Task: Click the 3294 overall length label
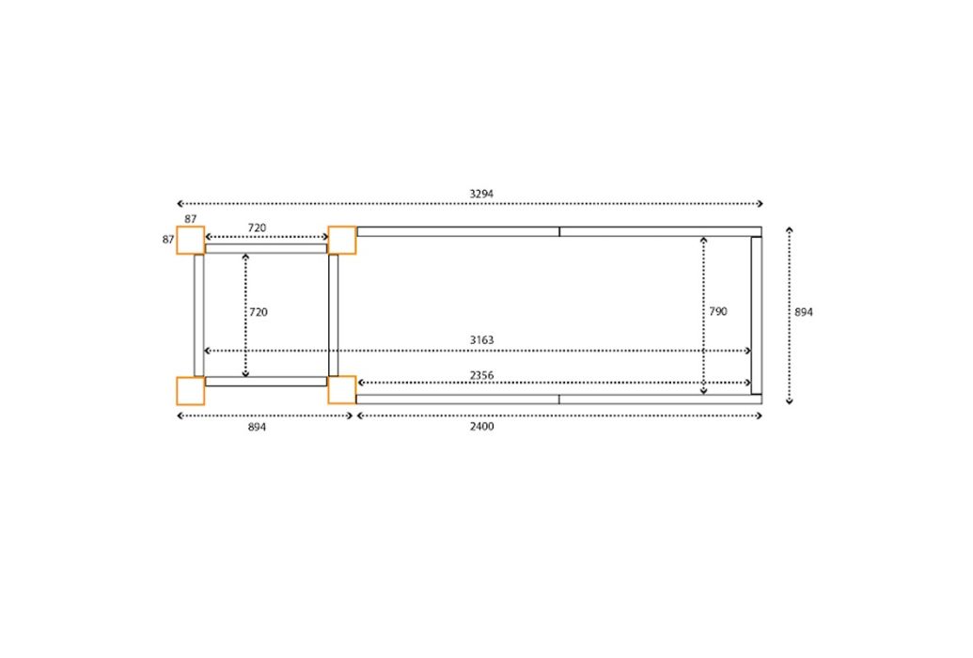(481, 194)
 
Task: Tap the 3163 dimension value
(481, 339)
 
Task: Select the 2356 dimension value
(481, 375)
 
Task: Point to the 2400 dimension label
(481, 426)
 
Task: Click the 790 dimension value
(718, 311)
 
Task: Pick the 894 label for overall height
(804, 312)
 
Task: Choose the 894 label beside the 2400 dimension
(257, 427)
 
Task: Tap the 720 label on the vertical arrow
(259, 312)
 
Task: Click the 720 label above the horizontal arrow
(257, 227)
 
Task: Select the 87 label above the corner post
(191, 219)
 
